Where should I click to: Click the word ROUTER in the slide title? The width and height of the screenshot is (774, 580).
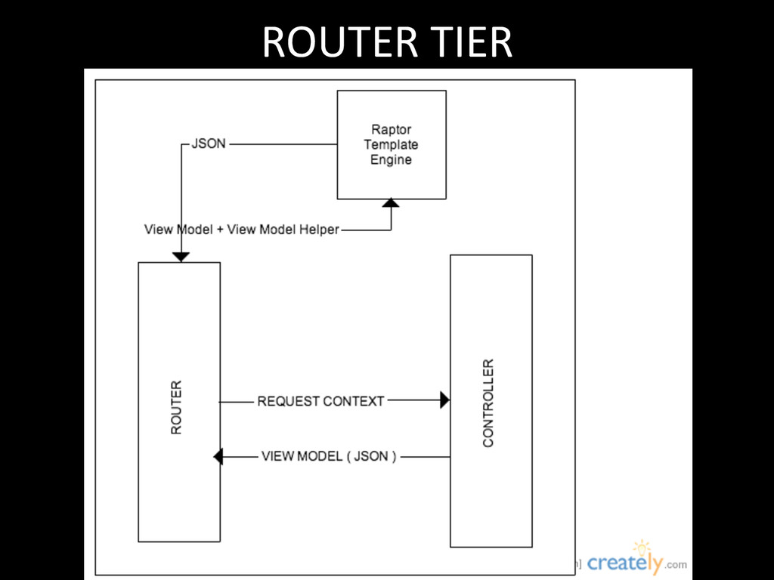[x=338, y=42]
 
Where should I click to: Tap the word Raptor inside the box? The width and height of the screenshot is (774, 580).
[x=391, y=129]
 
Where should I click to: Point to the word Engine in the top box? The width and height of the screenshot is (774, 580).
[x=391, y=160]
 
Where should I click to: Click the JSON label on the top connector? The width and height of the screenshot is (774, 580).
[x=209, y=143]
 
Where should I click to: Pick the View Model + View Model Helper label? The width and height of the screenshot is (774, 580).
[x=241, y=230]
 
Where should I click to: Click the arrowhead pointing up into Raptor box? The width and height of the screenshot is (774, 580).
[x=391, y=203]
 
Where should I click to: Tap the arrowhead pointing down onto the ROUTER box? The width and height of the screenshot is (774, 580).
[x=181, y=257]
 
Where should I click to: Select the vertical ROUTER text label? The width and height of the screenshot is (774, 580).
[x=176, y=407]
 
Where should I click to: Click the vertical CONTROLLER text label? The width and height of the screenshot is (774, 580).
[x=488, y=403]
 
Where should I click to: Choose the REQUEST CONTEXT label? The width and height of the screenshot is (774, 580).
[x=320, y=401]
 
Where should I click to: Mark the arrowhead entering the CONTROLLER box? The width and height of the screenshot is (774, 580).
[x=444, y=400]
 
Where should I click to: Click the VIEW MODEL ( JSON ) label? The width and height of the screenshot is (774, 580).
[x=329, y=456]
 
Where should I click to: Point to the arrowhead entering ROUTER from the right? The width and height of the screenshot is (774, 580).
[x=218, y=456]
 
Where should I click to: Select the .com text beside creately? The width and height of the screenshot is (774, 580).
[x=676, y=564]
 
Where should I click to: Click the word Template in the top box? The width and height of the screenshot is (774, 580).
[x=391, y=144]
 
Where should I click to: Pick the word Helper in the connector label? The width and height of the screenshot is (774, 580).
[x=318, y=230]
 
